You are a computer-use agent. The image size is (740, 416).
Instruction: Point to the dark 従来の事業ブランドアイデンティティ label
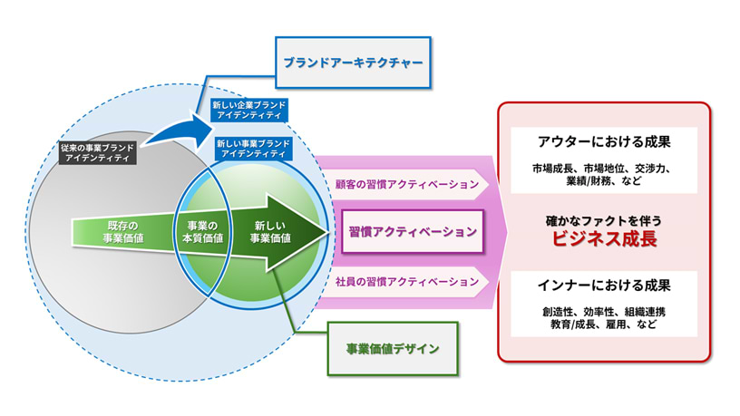pos(94,152)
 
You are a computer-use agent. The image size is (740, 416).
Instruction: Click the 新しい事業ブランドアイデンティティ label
pos(256,147)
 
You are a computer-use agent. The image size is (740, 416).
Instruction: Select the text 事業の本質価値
pos(201,231)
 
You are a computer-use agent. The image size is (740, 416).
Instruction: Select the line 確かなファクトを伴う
pos(604,218)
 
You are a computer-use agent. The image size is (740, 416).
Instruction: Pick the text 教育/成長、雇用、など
pos(604,326)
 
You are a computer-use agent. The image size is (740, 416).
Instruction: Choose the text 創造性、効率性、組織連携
pos(604,312)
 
